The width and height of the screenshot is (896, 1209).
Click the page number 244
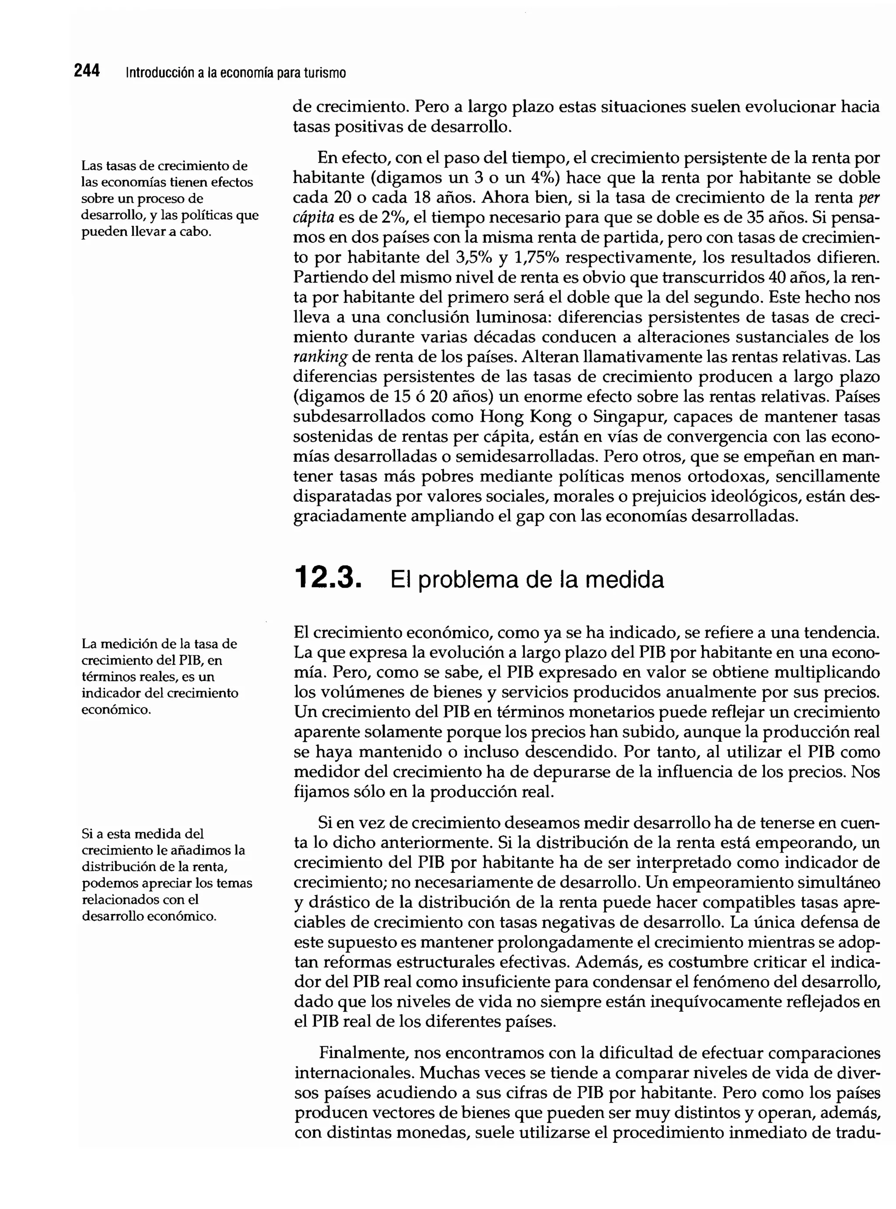(87, 71)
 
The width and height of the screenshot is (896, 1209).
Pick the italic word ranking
(319, 357)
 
